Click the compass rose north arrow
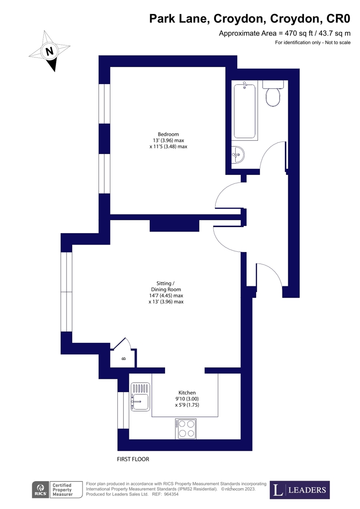[x=50, y=51]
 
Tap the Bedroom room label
[x=168, y=134]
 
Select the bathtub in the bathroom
[x=245, y=111]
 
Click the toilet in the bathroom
[x=273, y=94]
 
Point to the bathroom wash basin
[x=238, y=155]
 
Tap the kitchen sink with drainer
[x=140, y=397]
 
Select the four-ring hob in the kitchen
[x=186, y=428]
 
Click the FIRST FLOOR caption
[x=133, y=459]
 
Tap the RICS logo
[x=40, y=490]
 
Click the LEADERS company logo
[x=300, y=490]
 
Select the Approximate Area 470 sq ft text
[x=284, y=34]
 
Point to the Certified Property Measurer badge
[x=63, y=490]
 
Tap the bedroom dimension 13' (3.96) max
[x=168, y=140]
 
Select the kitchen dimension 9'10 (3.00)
[x=186, y=399]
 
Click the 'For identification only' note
[x=313, y=43]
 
